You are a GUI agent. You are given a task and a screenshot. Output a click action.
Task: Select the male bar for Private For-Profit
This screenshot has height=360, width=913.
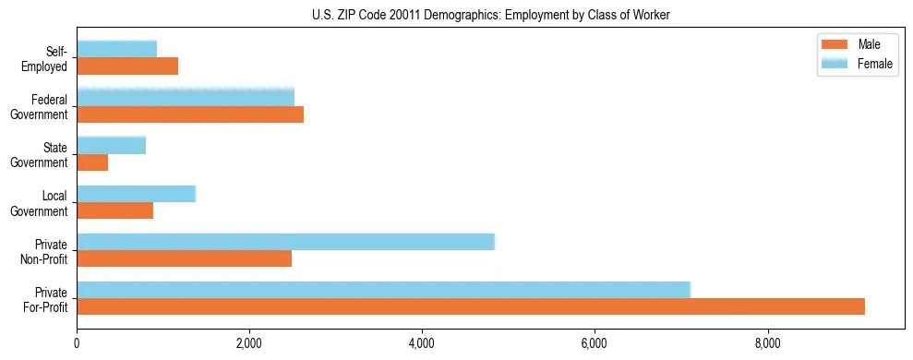(471, 306)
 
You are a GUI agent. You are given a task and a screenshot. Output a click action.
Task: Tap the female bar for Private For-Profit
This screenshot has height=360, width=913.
(383, 290)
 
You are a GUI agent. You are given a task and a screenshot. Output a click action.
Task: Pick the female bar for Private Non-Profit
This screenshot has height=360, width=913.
(285, 242)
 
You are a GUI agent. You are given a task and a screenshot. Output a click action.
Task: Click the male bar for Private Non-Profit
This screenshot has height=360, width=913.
(184, 258)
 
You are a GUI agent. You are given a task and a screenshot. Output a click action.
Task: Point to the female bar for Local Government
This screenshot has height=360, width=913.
(136, 194)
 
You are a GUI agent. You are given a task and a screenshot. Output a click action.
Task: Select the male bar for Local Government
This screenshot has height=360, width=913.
(114, 210)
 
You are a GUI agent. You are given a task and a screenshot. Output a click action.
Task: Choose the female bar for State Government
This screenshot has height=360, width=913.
(111, 145)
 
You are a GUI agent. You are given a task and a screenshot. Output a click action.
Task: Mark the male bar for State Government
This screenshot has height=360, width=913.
(92, 162)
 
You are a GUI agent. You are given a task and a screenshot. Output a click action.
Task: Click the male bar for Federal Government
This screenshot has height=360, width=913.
(190, 114)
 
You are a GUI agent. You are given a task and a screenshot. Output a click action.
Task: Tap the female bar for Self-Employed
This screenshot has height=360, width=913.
(116, 49)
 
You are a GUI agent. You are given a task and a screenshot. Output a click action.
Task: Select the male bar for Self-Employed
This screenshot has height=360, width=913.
(127, 66)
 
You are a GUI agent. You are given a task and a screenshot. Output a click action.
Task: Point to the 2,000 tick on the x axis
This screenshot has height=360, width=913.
(249, 344)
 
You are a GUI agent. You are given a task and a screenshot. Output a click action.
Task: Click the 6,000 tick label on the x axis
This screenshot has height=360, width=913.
(595, 344)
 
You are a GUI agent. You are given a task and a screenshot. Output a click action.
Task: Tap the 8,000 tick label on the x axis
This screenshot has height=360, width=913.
(767, 344)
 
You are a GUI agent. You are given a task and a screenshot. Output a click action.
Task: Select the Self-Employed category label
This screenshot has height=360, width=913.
(50, 58)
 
